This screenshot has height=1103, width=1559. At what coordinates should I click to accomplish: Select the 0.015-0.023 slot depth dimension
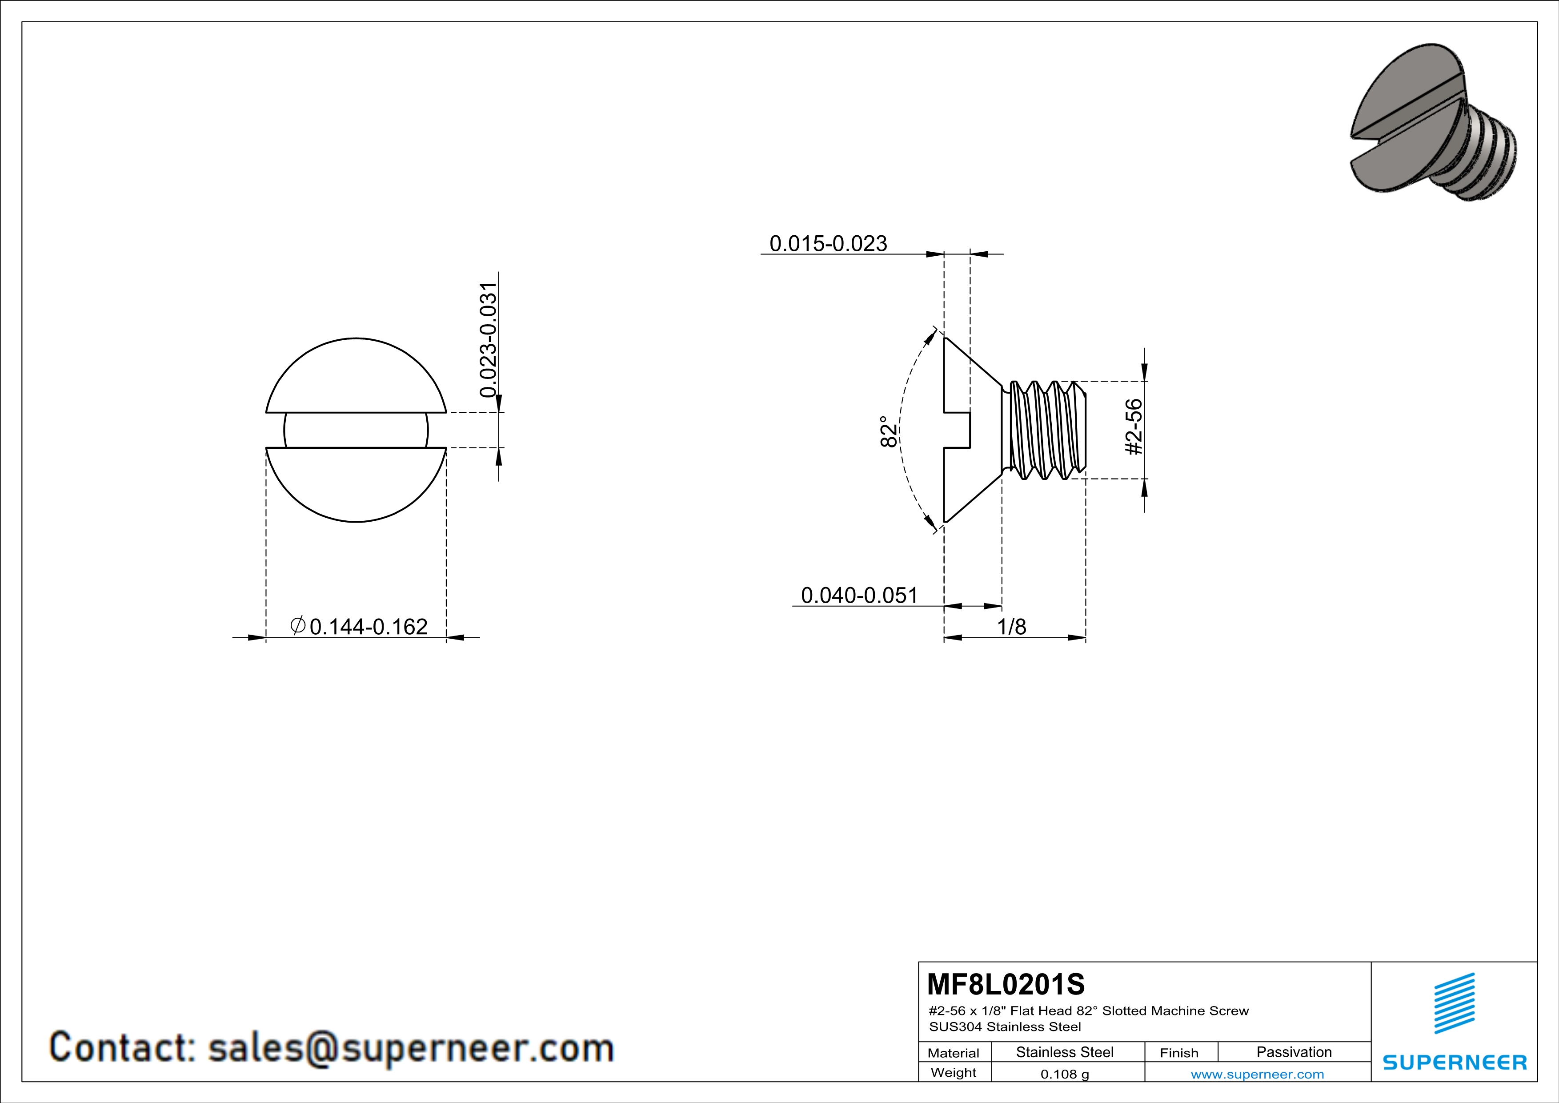pyautogui.click(x=828, y=243)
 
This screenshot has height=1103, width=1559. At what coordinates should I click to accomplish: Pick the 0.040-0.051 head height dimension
pyautogui.click(x=859, y=595)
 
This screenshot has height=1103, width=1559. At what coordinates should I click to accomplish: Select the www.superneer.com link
pyautogui.click(x=1257, y=1074)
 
